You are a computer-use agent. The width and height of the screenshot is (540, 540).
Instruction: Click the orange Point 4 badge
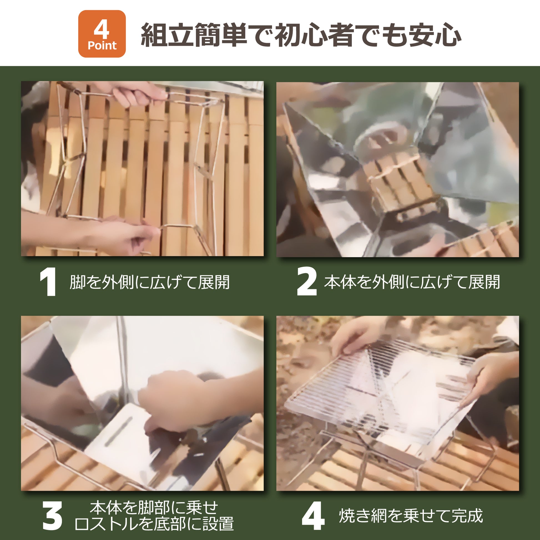click(x=102, y=34)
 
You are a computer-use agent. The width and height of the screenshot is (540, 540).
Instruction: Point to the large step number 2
click(x=307, y=282)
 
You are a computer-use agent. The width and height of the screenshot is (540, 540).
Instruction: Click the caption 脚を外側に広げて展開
click(x=150, y=282)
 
